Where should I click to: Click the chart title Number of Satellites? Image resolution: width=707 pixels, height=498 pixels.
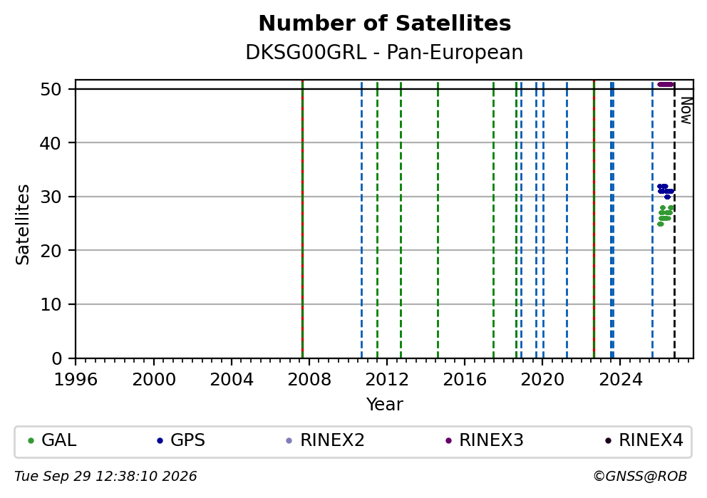(385, 24)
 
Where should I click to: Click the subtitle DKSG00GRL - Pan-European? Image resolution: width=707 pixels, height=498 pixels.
(384, 52)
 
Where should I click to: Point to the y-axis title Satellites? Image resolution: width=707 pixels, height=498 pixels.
(22, 224)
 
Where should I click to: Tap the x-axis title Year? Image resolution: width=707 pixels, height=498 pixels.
(384, 404)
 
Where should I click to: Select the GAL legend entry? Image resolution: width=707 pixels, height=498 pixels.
(52, 440)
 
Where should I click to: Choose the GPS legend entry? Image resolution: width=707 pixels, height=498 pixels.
(181, 440)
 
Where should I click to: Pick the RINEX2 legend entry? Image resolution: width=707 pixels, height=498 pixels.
(325, 440)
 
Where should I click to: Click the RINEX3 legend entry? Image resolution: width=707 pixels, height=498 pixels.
(484, 440)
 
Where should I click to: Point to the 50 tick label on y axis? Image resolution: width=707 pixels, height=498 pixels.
(51, 89)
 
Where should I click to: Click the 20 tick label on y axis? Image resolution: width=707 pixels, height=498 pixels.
(51, 251)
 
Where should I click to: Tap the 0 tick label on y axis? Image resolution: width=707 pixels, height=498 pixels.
(57, 359)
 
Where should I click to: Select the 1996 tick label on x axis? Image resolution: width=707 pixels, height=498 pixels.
(76, 380)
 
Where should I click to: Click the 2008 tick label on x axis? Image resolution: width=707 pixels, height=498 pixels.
(309, 380)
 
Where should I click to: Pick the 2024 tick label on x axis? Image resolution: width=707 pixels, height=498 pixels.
(621, 380)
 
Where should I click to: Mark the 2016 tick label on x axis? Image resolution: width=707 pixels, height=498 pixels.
(465, 380)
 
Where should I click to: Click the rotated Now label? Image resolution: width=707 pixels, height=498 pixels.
(686, 111)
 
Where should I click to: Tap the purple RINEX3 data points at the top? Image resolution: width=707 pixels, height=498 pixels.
(666, 84)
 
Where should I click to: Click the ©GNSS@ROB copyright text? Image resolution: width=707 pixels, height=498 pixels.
(640, 477)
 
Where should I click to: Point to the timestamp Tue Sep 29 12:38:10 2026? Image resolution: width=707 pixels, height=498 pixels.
(105, 477)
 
